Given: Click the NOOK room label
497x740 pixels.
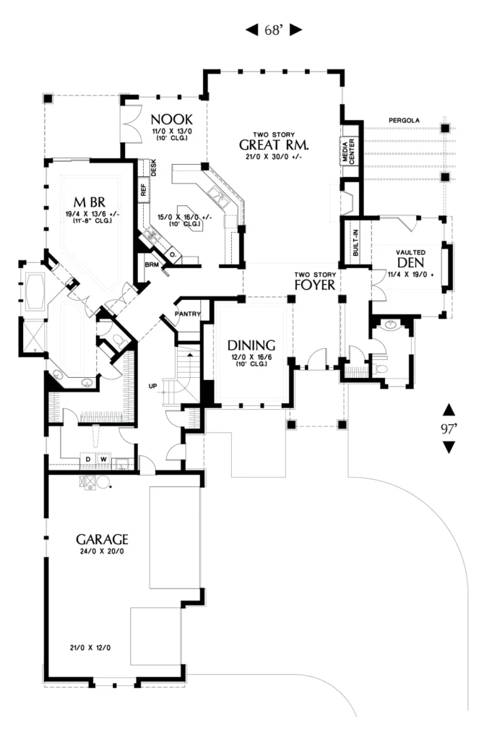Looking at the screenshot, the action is [x=172, y=119].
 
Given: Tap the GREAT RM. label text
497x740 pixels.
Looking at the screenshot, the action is [x=274, y=145].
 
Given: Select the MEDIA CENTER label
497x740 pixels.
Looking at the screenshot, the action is [x=348, y=152].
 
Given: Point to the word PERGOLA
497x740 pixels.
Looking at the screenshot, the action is [x=404, y=121].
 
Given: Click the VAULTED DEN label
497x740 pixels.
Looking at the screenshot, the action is [x=411, y=259].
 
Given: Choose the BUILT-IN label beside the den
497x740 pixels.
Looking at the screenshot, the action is [x=355, y=243].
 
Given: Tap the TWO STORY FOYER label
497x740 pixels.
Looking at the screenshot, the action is [x=315, y=281].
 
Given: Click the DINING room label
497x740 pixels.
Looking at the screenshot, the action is [x=251, y=345].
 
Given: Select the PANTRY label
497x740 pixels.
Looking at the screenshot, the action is [x=188, y=314].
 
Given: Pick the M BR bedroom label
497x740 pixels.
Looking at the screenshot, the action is [x=90, y=202].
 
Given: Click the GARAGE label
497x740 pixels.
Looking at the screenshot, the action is [x=103, y=539].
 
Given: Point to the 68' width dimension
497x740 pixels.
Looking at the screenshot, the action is [x=274, y=30].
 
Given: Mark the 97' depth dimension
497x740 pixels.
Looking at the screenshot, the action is [x=449, y=429].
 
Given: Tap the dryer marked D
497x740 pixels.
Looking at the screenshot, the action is [x=87, y=459].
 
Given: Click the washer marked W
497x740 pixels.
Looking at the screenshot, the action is [x=103, y=459].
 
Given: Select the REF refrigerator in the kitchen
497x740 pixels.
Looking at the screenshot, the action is [x=144, y=190].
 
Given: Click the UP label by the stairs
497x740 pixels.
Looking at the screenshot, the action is [x=152, y=386].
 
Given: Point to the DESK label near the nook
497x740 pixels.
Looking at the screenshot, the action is [x=154, y=168].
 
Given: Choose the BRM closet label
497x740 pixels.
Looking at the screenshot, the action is [x=152, y=264].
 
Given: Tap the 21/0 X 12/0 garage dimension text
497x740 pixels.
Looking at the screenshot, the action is [x=90, y=647].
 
